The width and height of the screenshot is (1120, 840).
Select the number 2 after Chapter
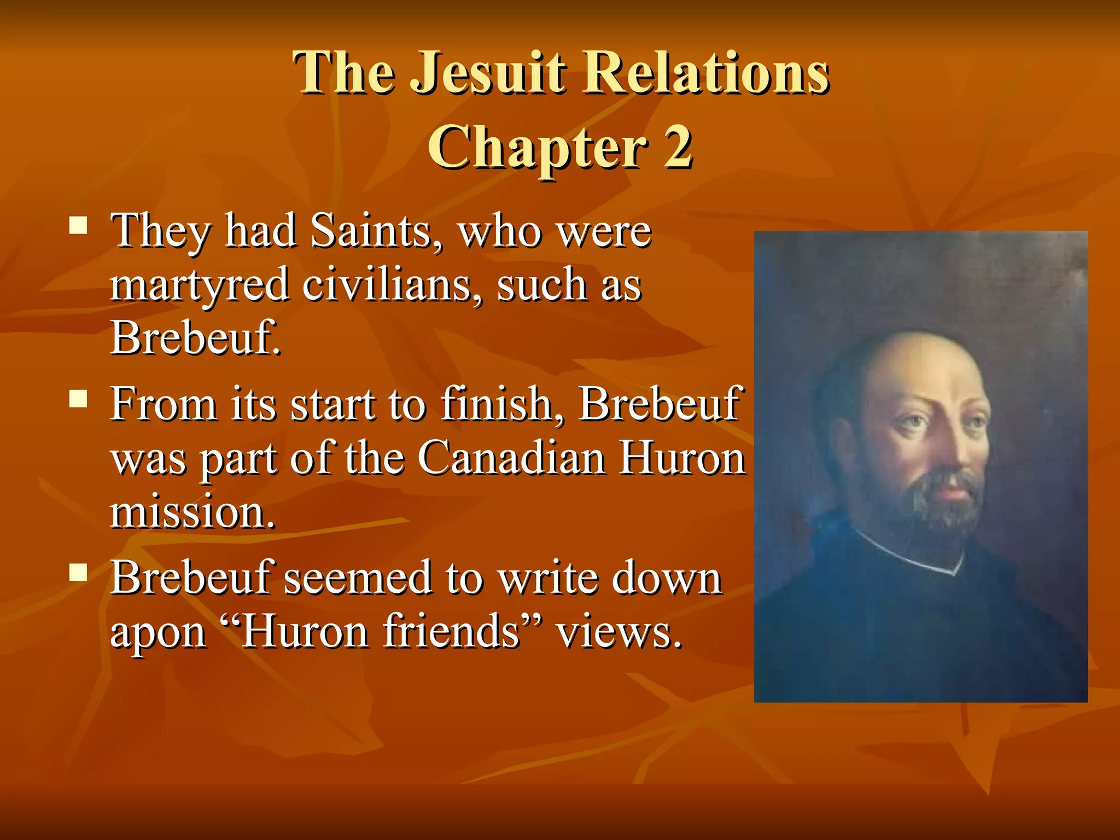tap(678, 147)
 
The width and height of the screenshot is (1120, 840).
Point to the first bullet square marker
tap(79, 225)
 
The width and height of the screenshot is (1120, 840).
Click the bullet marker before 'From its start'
tap(79, 399)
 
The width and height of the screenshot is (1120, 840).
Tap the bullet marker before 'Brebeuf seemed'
tap(79, 573)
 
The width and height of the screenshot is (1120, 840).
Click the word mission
tap(192, 512)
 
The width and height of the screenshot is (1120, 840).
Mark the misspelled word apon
tap(158, 633)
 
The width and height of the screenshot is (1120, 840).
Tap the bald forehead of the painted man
tap(924, 372)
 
